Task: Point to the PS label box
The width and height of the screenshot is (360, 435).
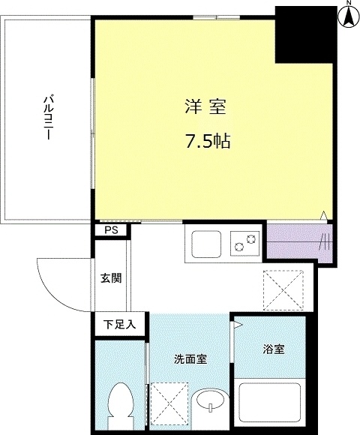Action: click(111, 231)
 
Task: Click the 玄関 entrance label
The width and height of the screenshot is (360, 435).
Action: click(111, 277)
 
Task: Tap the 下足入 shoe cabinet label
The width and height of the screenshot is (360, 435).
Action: click(120, 325)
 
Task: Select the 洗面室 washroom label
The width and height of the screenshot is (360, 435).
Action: click(190, 358)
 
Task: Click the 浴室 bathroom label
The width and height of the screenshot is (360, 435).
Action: click(272, 349)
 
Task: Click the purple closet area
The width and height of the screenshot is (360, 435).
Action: click(298, 242)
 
